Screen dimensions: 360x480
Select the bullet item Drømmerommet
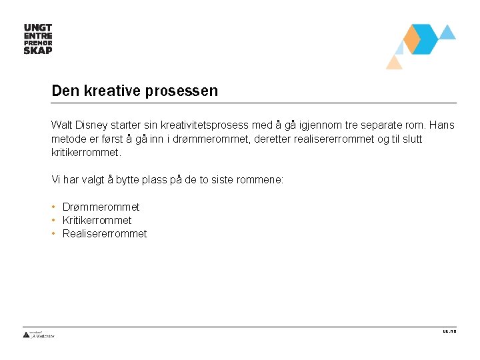point(101,207)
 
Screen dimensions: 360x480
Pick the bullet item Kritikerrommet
point(97,221)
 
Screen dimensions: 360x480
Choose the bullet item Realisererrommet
point(104,234)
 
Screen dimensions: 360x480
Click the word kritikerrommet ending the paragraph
point(85,153)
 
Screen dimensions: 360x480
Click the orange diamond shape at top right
point(412,39)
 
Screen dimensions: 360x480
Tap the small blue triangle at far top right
point(448,32)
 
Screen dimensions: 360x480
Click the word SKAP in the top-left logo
point(37,50)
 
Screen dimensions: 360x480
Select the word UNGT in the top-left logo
point(37,28)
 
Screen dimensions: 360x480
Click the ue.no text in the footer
point(449,331)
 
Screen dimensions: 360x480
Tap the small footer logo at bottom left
point(39,335)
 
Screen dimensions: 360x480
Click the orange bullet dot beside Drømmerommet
point(53,207)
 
